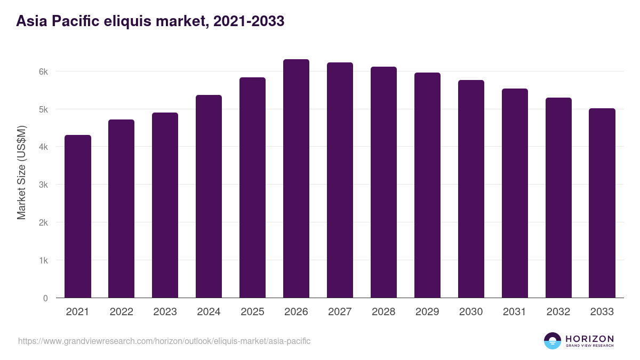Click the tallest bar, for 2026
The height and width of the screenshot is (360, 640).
296,179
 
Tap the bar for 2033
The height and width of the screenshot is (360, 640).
602,203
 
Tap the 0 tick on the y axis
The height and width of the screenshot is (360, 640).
45,298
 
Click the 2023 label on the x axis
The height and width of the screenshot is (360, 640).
165,312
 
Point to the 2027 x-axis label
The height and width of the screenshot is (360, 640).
340,312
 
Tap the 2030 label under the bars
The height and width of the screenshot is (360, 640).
471,312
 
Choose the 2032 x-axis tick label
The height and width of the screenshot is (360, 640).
558,312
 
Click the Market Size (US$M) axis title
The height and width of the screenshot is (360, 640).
21,173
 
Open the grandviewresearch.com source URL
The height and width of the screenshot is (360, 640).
164,341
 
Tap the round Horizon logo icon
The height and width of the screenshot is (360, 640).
553,341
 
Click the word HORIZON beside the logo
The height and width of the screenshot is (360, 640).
589,339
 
